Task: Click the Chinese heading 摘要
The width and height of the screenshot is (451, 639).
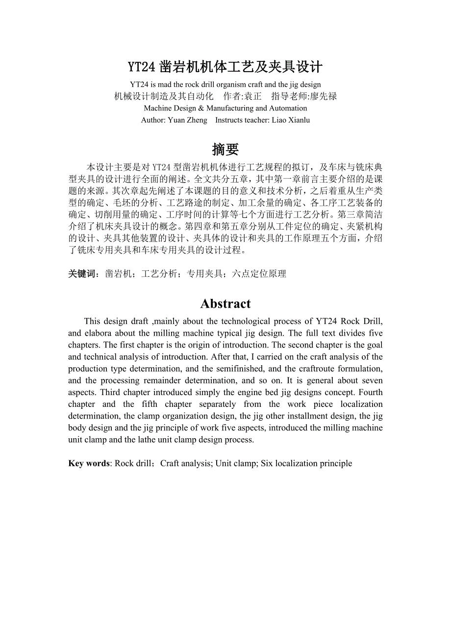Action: coord(225,149)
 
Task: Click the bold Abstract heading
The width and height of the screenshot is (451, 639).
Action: coord(225,304)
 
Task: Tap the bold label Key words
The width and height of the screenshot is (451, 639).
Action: coord(89,463)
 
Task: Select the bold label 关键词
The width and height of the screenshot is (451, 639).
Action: coord(84,274)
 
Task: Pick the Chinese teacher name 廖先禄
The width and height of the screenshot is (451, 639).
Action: coord(324,96)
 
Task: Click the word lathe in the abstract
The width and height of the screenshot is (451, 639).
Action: coord(148,439)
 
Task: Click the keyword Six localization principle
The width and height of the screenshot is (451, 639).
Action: coord(306,463)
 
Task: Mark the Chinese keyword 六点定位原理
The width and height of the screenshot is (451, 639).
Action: coord(259,274)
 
